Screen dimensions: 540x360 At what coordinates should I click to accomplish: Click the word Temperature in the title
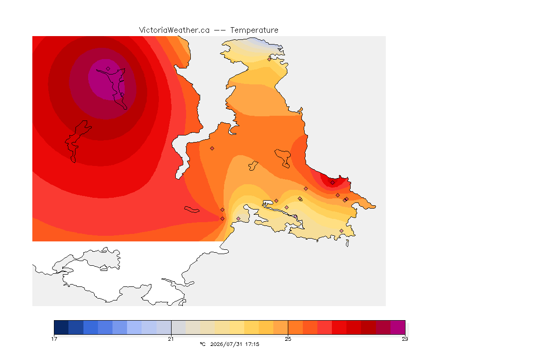tap(254, 30)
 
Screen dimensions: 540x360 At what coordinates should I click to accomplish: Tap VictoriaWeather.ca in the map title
tap(174, 30)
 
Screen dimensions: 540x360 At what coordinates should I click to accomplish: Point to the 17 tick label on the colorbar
tap(54, 339)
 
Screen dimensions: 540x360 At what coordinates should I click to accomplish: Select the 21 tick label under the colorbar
tap(171, 339)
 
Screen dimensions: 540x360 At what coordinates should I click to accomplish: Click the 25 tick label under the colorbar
tap(288, 339)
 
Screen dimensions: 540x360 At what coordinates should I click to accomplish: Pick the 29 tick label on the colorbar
tap(405, 339)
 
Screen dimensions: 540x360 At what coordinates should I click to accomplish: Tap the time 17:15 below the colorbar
tap(252, 344)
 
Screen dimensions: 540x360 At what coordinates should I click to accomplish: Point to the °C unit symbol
tap(203, 344)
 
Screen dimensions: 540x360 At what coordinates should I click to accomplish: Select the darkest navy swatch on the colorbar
tap(61, 327)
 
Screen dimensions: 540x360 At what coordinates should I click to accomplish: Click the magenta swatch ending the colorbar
tap(398, 327)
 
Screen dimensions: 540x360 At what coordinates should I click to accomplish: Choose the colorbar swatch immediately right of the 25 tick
tap(295, 327)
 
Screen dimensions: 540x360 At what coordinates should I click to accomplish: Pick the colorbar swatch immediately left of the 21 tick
tap(164, 327)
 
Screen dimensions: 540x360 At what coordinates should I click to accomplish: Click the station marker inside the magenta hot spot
tap(108, 69)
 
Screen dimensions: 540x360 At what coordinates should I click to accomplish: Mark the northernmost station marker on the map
tap(270, 59)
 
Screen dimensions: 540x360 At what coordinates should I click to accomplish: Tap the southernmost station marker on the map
tap(341, 231)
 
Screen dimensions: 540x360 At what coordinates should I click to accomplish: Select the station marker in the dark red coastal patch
tap(332, 183)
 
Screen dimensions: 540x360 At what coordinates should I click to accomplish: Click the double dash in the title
tap(220, 30)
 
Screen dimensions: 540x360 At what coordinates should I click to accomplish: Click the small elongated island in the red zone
tap(192, 210)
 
